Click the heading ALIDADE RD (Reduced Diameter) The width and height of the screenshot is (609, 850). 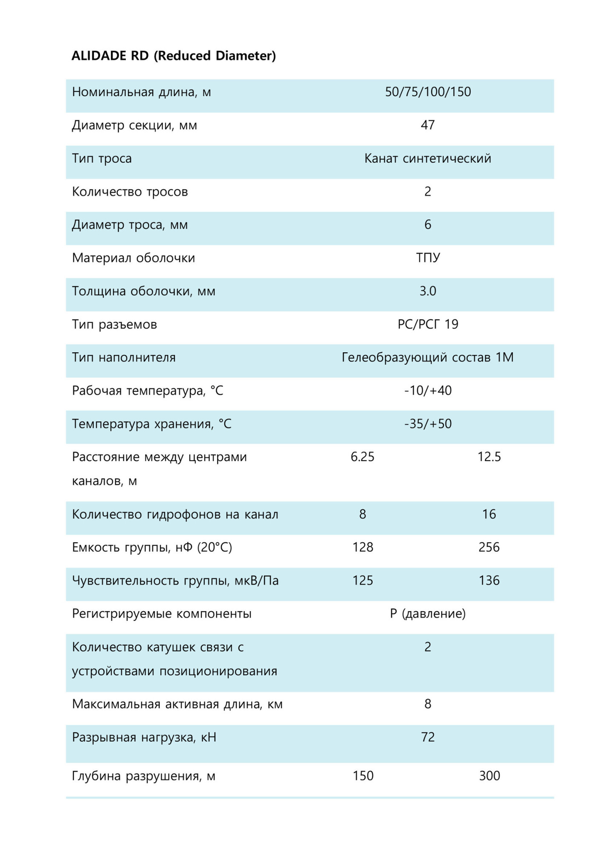coord(173,56)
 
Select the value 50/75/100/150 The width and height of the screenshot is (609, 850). coord(428,92)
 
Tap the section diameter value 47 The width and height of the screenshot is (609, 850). coord(428,125)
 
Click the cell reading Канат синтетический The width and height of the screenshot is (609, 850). coord(428,159)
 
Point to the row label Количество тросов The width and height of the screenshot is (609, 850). coord(130,192)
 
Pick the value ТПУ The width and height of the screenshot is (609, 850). coord(428,258)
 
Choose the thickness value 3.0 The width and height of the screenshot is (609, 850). coord(428,291)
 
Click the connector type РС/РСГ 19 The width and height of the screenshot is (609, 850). coord(428,324)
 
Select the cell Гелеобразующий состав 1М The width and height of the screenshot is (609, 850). coord(428,357)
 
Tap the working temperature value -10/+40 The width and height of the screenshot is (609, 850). coord(428,391)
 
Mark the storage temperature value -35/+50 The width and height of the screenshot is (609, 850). coord(428,424)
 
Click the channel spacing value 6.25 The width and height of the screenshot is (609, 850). coord(363,457)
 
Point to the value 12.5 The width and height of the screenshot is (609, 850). coord(489,457)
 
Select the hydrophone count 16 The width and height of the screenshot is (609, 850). coord(489,514)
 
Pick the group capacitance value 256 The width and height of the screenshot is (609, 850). coord(489,547)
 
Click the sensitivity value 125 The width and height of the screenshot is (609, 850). coord(363,581)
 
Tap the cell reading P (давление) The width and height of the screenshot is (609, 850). coord(428,614)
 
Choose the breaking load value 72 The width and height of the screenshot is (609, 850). coord(428,737)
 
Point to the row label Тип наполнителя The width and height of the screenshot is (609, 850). coord(124,357)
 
